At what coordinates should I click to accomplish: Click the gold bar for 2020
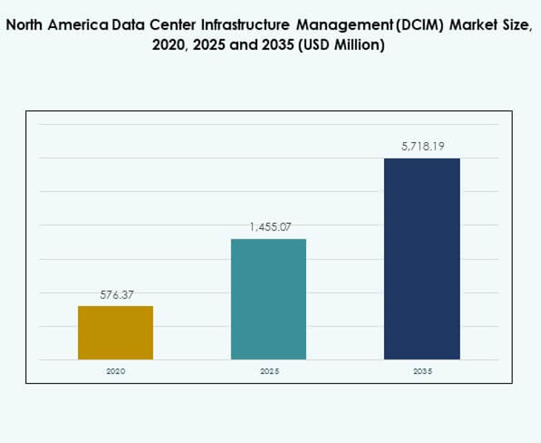click(x=116, y=333)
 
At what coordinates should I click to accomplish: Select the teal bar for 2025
click(x=268, y=299)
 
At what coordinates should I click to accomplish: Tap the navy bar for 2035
click(x=422, y=259)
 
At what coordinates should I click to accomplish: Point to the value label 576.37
click(x=116, y=295)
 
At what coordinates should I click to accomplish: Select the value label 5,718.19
click(x=422, y=147)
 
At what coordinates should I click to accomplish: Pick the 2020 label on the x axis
click(x=116, y=370)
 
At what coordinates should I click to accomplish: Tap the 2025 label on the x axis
click(x=269, y=370)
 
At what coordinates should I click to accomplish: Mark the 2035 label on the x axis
click(x=422, y=370)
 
